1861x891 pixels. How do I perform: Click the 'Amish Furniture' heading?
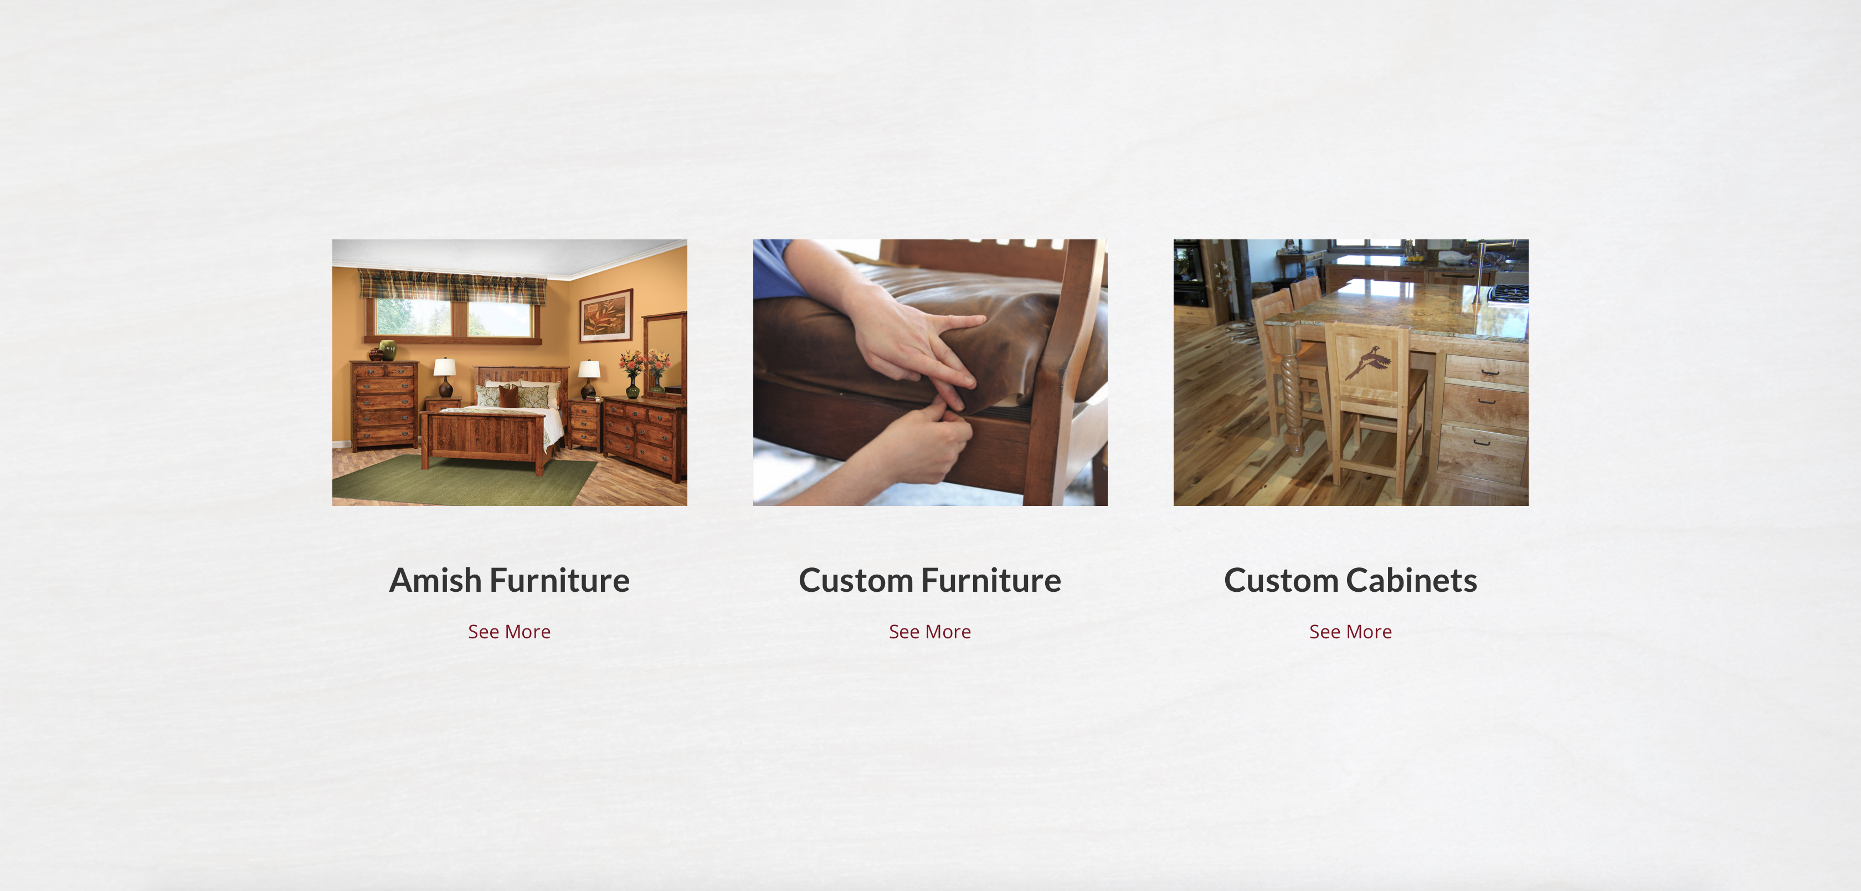click(510, 580)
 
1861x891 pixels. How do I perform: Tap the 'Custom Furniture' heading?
click(930, 580)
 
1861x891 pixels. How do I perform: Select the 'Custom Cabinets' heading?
click(1350, 580)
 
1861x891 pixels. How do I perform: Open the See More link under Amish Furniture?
click(510, 632)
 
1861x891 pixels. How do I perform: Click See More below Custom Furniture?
click(930, 632)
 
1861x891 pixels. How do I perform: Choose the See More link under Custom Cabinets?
click(1350, 632)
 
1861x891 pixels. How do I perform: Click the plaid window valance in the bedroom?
click(453, 286)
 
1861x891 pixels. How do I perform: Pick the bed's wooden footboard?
click(484, 437)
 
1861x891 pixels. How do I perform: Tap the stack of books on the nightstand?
click(594, 397)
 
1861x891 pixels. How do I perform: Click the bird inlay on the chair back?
click(1368, 362)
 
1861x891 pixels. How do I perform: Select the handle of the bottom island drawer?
click(1481, 442)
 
